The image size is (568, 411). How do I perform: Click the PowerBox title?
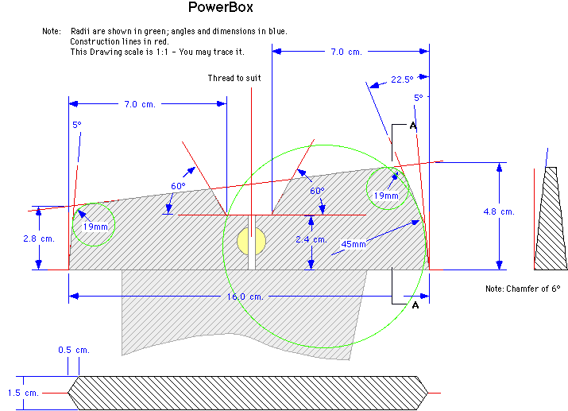click(220, 7)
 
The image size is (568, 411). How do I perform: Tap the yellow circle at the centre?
click(251, 241)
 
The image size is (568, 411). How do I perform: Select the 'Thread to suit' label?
click(234, 78)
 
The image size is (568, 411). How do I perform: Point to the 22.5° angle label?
click(402, 79)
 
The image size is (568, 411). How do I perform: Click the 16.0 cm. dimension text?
click(245, 297)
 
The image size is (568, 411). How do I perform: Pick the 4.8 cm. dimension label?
click(499, 211)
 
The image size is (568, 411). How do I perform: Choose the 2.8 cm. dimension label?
click(39, 238)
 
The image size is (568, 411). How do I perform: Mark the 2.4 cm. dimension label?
click(311, 239)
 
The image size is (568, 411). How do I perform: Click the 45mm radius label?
click(354, 244)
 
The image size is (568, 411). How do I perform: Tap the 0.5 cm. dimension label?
click(74, 350)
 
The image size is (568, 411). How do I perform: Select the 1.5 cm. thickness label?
click(23, 393)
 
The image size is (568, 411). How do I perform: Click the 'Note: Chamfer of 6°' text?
click(523, 289)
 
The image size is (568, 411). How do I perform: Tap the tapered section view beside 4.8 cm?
click(551, 219)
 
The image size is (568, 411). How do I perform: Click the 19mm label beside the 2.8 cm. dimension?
click(95, 227)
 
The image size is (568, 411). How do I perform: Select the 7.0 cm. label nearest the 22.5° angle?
click(346, 52)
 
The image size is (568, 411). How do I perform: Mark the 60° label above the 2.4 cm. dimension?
click(317, 191)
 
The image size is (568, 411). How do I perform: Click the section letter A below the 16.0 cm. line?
click(415, 305)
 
